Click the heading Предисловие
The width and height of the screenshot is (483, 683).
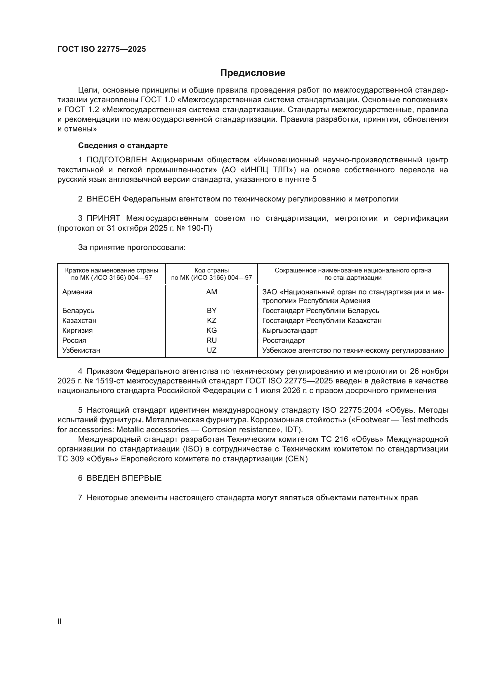click(x=253, y=73)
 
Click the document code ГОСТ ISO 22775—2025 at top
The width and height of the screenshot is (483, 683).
click(x=102, y=49)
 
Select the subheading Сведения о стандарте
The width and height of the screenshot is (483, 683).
click(x=123, y=145)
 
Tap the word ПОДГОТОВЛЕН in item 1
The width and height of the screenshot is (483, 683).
click(x=117, y=160)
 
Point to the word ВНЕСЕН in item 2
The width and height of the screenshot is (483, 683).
click(x=103, y=199)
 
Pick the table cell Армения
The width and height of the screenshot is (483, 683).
click(x=77, y=292)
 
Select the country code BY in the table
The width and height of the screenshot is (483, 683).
click(x=211, y=311)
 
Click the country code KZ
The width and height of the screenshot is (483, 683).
click(x=211, y=320)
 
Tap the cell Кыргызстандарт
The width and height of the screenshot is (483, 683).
click(x=290, y=331)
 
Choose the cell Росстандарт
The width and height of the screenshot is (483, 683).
click(x=284, y=340)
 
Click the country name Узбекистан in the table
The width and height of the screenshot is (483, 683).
click(x=81, y=350)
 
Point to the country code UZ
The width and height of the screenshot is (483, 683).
click(x=211, y=350)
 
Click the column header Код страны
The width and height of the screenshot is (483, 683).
click(x=211, y=270)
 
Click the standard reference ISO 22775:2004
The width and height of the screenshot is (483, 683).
click(x=352, y=410)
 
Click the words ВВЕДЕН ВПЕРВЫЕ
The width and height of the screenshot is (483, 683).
click(x=124, y=478)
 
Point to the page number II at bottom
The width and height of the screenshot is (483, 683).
click(x=60, y=621)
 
